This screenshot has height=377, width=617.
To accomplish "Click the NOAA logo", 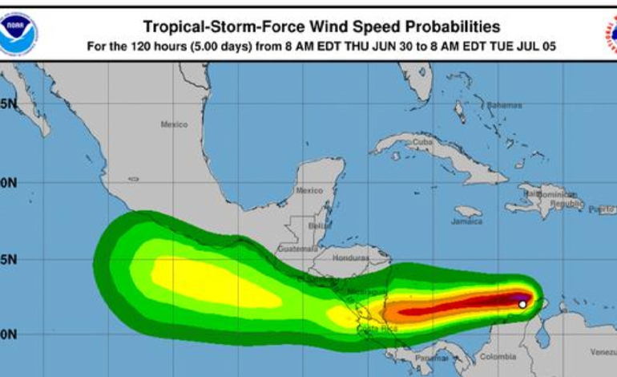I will [x=18, y=34].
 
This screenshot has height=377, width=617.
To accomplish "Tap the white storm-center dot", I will [x=522, y=304].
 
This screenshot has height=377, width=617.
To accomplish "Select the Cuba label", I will [x=421, y=143].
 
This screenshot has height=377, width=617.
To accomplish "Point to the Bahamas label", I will [x=504, y=105].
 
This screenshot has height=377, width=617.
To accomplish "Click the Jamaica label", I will [x=466, y=221].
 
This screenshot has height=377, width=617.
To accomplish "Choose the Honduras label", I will [x=349, y=258].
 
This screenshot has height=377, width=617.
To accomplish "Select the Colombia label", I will [x=498, y=356].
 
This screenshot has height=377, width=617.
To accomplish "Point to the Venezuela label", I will [x=603, y=352].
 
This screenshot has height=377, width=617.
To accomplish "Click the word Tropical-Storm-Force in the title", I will [x=210, y=27].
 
